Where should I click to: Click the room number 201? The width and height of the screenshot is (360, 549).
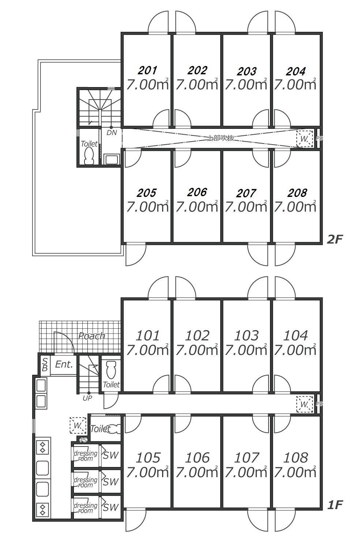(147, 70)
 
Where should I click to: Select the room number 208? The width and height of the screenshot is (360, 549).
(297, 193)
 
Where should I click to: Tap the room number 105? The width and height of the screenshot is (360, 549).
(148, 457)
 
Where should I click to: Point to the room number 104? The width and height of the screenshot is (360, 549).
(296, 335)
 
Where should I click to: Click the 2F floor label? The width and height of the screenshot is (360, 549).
(334, 239)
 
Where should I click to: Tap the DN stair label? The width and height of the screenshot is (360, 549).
(112, 133)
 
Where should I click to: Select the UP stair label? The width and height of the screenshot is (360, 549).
(87, 398)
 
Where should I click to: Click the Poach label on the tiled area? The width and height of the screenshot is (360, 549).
(91, 336)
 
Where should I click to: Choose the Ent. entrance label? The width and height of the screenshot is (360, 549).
(64, 365)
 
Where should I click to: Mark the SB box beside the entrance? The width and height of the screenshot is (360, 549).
(45, 365)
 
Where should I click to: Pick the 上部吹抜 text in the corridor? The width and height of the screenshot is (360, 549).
(221, 138)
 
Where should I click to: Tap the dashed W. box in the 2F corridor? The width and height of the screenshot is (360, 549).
(304, 139)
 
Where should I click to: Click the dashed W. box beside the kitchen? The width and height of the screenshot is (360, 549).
(78, 426)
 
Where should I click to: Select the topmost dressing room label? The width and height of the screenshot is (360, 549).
(86, 456)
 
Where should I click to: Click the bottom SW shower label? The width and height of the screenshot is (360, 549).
(110, 507)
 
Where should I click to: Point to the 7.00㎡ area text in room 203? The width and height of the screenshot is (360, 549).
(246, 85)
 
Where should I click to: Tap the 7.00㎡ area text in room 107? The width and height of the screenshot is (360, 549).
(246, 473)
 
